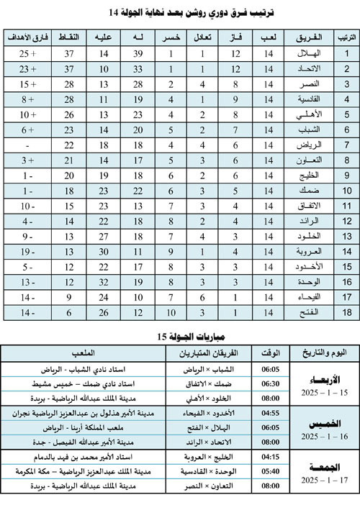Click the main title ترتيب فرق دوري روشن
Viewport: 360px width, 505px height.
coord(180,13)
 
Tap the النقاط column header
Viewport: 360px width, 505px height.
coord(71,36)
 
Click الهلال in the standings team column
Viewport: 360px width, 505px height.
coord(308,53)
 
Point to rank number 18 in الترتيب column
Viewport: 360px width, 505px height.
coord(346,313)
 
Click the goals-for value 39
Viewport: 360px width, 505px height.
coord(140,53)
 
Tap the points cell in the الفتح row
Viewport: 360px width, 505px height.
coord(71,313)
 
